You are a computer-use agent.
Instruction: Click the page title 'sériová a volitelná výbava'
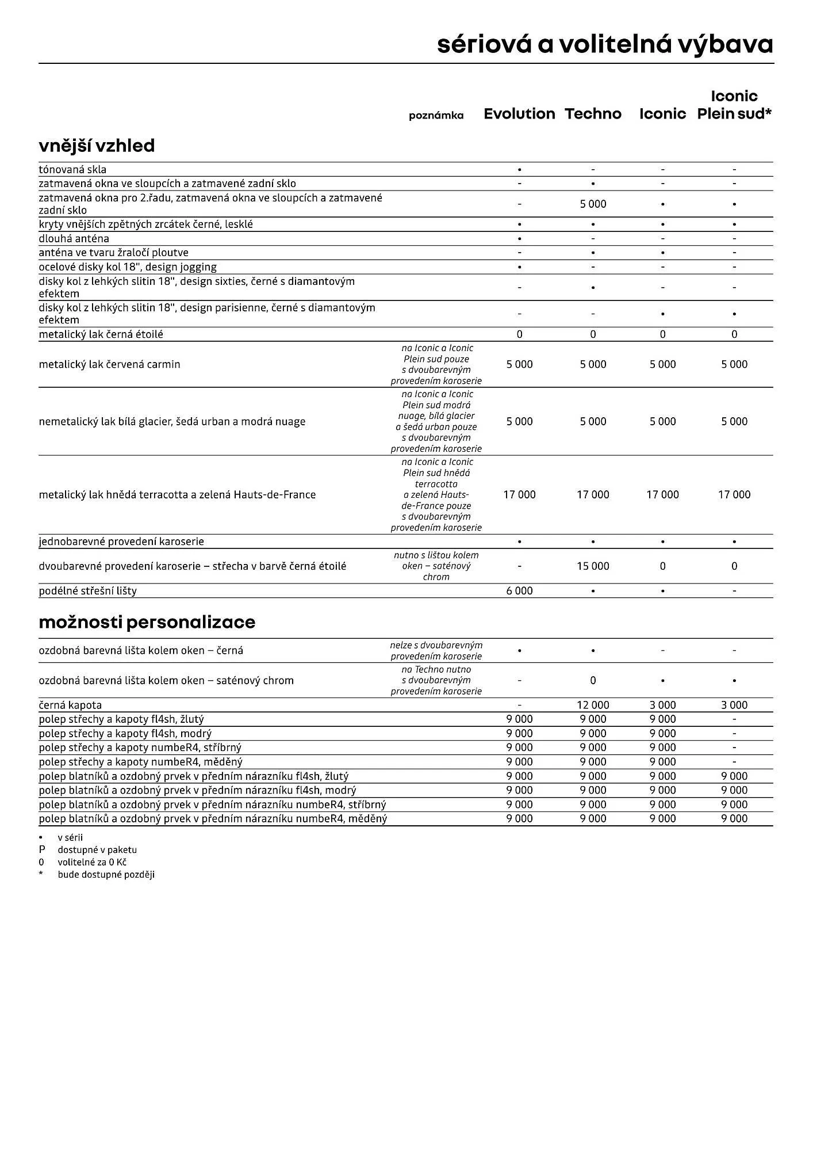coord(605,44)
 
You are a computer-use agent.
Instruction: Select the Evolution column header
coord(519,114)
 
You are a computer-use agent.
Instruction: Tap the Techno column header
coord(593,114)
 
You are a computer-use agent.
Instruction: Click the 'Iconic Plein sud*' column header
coord(734,105)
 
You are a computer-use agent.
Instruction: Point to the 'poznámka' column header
coord(436,116)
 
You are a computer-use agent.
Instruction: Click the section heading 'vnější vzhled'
coord(97,146)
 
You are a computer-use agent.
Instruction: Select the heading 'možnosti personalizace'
coord(147,622)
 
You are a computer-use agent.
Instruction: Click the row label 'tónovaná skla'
coord(72,170)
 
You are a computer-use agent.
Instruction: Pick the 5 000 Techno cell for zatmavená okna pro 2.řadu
coord(593,204)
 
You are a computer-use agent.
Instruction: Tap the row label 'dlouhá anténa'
coord(74,239)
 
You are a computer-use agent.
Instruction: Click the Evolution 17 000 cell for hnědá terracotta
coord(519,495)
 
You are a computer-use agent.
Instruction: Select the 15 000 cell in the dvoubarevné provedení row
coord(593,566)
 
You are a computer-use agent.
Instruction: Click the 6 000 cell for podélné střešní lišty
coord(519,591)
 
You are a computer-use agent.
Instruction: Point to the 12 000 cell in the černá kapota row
coord(593,705)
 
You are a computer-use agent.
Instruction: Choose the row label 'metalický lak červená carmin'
coord(109,364)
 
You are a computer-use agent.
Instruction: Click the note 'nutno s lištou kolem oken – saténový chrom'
coord(436,566)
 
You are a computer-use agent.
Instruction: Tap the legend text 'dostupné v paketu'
coord(97,850)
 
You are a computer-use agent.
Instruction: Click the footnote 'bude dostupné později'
coord(106,875)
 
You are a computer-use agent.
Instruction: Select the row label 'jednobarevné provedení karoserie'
coord(121,542)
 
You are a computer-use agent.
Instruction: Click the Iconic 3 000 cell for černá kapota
coord(662,705)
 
